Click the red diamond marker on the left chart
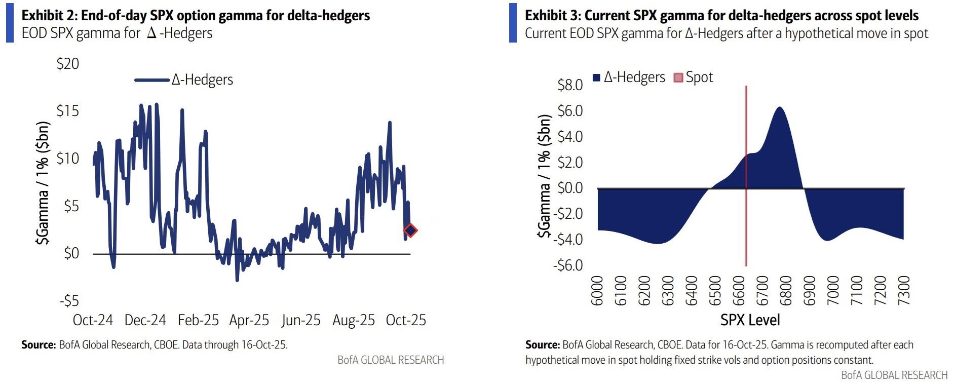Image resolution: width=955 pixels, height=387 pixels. pos(410,230)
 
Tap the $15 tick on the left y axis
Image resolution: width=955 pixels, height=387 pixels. pos(68,111)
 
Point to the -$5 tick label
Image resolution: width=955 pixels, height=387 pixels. pos(69,301)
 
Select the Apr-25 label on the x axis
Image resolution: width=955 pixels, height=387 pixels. pos(249,320)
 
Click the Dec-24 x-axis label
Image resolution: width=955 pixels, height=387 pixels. pos(145,320)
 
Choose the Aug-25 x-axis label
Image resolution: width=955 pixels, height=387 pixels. pos(354,320)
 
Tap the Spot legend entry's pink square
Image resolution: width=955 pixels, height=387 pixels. pos(678,78)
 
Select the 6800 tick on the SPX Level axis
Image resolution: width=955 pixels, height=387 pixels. pos(785,291)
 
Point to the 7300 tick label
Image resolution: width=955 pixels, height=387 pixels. pos(903,291)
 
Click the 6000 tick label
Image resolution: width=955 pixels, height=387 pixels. pos(597,291)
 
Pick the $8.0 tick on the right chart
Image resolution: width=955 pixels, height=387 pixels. pos(570,85)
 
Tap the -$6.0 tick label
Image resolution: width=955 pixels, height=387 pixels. pos(568,265)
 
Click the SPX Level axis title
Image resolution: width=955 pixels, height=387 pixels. pos(750,320)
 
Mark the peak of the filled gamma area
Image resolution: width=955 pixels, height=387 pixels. pos(780,108)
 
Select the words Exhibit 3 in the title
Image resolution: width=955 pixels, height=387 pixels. pos(551,16)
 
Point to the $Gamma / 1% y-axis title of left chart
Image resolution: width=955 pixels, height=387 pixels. pos(43,183)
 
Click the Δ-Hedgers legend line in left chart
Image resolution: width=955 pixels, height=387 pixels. pos(151,80)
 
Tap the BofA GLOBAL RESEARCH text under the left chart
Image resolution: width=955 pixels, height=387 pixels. pos(391,360)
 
